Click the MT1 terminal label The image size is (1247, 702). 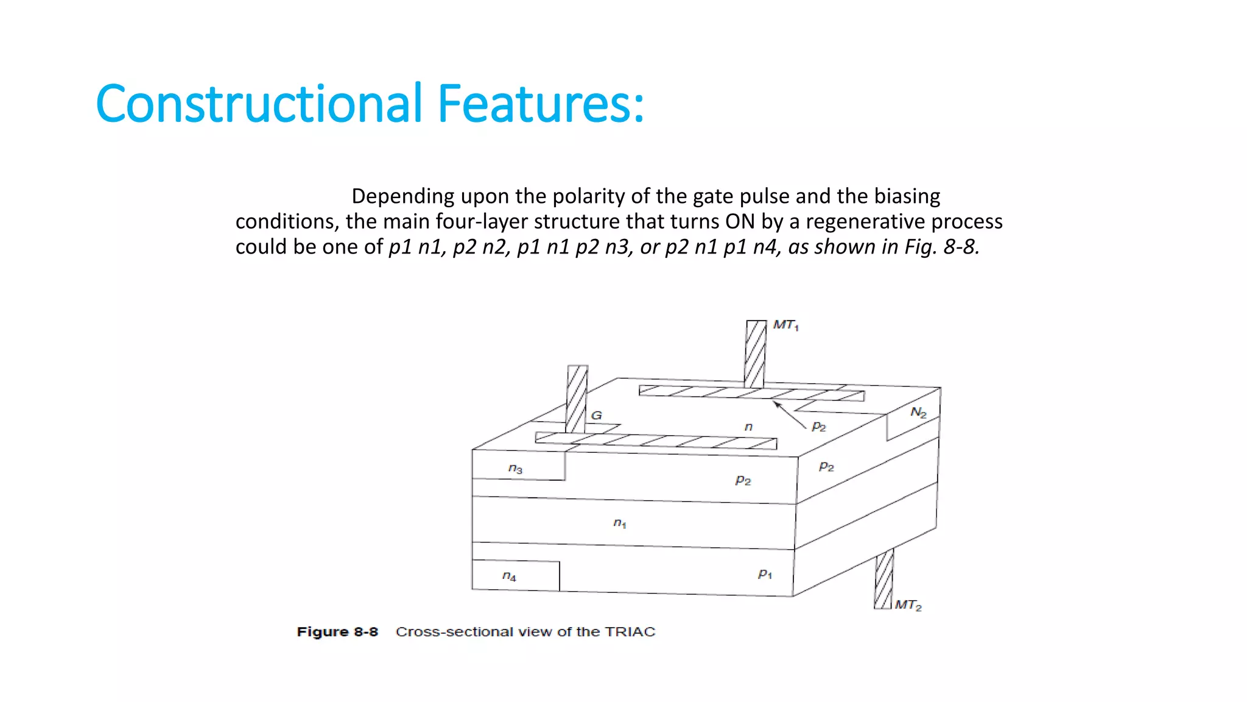[x=785, y=325]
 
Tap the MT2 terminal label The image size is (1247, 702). [x=908, y=605]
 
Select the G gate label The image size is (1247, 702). [x=597, y=416]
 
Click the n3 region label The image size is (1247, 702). [x=515, y=469]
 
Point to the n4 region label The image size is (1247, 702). [x=509, y=576]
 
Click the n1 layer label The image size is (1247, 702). [x=619, y=523]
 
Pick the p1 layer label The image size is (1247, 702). [x=765, y=574]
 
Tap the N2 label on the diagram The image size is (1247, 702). [x=918, y=413]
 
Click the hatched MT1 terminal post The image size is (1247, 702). [x=755, y=353]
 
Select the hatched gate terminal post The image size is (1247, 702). [x=577, y=399]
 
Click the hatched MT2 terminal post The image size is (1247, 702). [x=883, y=579]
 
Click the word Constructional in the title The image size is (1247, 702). [x=259, y=104]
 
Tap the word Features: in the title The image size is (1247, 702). [x=540, y=104]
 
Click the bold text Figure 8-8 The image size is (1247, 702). [x=337, y=632]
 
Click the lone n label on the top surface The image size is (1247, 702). [x=748, y=427]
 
